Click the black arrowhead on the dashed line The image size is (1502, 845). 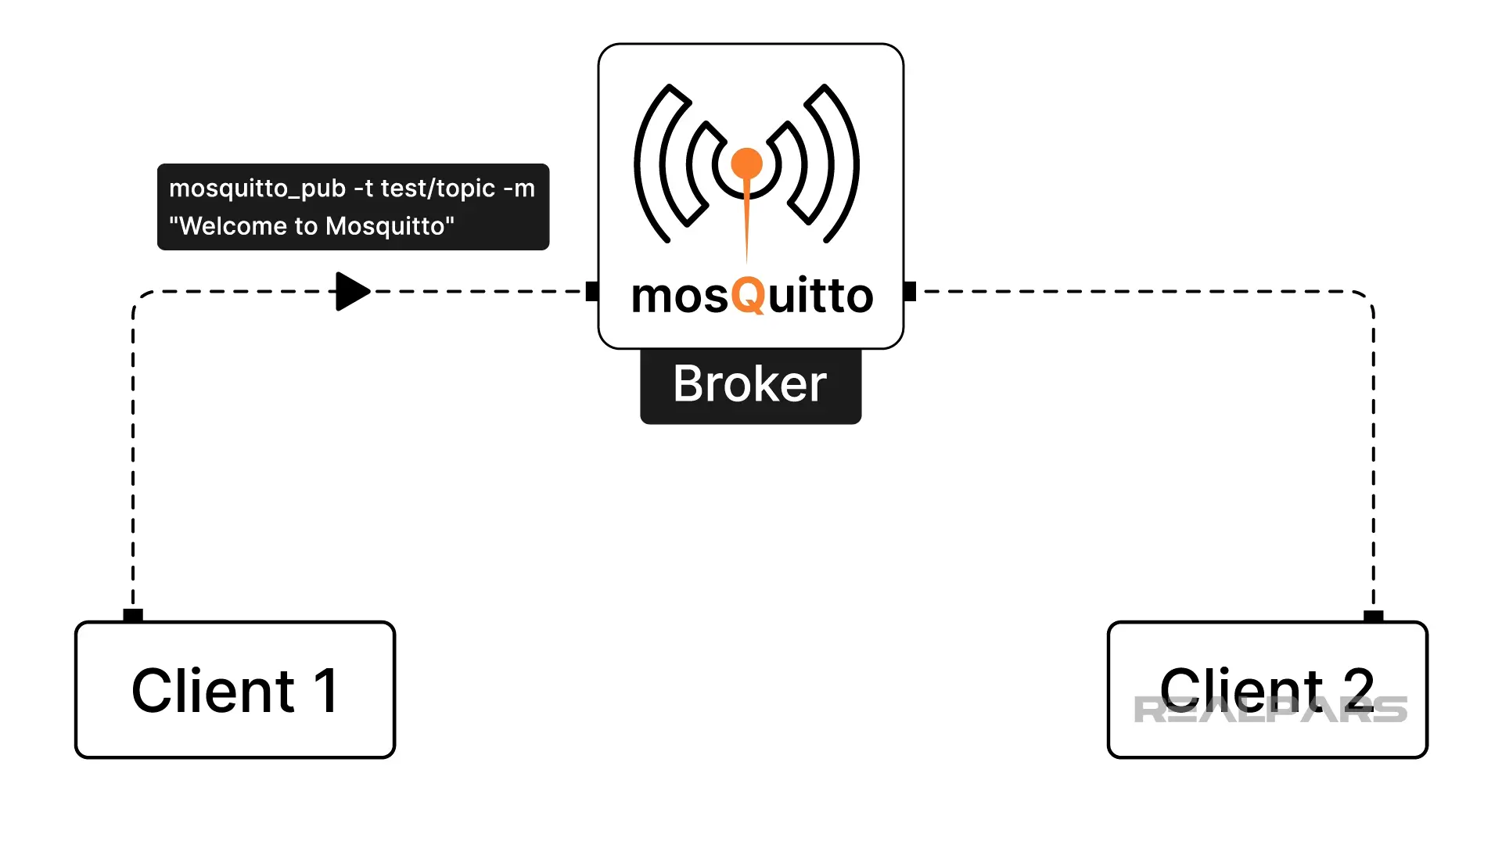pyautogui.click(x=351, y=291)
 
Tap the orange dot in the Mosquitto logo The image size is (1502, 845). pyautogui.click(x=746, y=164)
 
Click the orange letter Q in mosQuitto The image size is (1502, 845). pyautogui.click(x=748, y=296)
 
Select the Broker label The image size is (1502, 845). pyautogui.click(x=750, y=385)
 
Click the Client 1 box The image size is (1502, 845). pyautogui.click(x=235, y=690)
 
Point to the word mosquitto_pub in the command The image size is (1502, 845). pyautogui.click(x=257, y=189)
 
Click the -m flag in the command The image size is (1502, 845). pyautogui.click(x=519, y=189)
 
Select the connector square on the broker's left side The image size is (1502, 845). pyautogui.click(x=592, y=291)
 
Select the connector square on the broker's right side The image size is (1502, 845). pyautogui.click(x=909, y=291)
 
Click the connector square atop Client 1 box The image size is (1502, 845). pyautogui.click(x=133, y=615)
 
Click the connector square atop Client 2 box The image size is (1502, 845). pyautogui.click(x=1373, y=616)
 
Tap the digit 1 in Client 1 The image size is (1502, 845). pyautogui.click(x=325, y=690)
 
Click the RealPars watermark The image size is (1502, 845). pyautogui.click(x=1270, y=710)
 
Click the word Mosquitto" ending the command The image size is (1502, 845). pyautogui.click(x=390, y=226)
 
